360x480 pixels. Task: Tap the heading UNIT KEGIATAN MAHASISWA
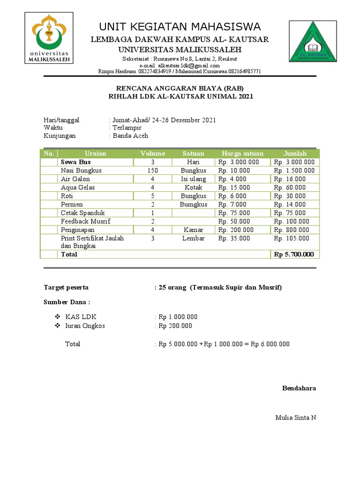[180, 26]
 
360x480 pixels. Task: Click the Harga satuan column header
[242, 154]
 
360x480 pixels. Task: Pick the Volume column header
[152, 154]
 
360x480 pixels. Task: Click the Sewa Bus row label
[75, 162]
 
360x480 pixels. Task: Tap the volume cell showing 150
[152, 171]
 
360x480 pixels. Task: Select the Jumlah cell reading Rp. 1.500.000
[294, 171]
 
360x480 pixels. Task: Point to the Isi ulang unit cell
[194, 179]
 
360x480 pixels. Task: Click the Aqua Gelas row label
[78, 187]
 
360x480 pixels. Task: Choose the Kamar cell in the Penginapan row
[194, 230]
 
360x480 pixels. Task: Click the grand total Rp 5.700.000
[294, 255]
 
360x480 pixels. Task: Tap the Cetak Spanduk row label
[82, 213]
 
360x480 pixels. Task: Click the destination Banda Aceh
[130, 136]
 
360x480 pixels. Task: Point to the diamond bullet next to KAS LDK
[57, 317]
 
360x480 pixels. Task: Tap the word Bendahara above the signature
[299, 388]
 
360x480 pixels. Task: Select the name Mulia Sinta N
[295, 418]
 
